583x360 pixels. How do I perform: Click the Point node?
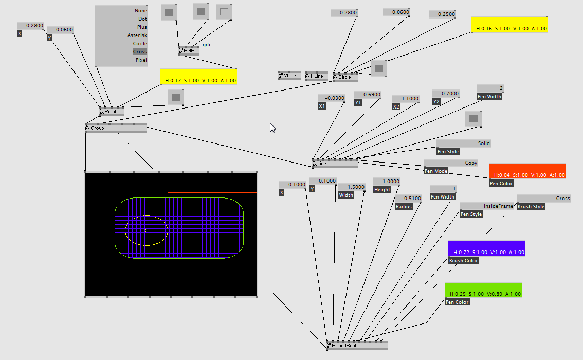click(x=111, y=112)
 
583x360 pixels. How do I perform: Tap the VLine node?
click(x=289, y=76)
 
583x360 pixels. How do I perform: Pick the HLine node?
click(x=316, y=76)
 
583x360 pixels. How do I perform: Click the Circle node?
click(x=344, y=77)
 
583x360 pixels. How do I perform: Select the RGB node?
click(x=189, y=51)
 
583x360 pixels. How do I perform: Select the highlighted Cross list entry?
click(x=139, y=52)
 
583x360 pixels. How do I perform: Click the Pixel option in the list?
click(x=141, y=60)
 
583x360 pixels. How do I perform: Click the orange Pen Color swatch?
click(x=527, y=171)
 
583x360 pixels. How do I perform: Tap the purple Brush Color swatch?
click(x=486, y=248)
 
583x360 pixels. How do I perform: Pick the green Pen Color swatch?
click(x=483, y=290)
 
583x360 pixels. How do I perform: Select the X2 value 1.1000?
click(x=406, y=98)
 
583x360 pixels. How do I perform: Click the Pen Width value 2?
click(x=489, y=88)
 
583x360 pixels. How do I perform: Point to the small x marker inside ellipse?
click(x=147, y=231)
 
